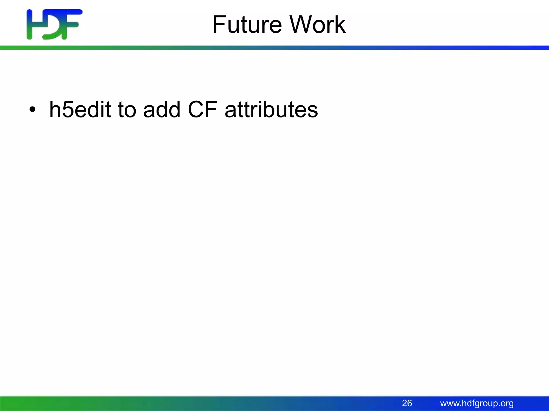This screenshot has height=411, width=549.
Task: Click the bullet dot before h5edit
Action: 32,110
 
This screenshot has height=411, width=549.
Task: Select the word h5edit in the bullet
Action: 80,110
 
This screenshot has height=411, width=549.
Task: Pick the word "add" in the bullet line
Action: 162,110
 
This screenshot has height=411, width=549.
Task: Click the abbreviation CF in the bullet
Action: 202,110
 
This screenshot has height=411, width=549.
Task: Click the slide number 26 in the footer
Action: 407,403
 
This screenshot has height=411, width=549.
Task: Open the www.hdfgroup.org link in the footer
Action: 477,403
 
